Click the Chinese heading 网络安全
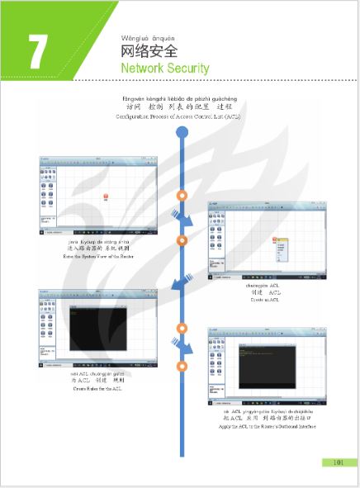point(149,50)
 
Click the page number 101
point(338,462)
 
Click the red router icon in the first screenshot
point(106,195)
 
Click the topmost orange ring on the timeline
point(182,196)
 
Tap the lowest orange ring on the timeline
point(182,366)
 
